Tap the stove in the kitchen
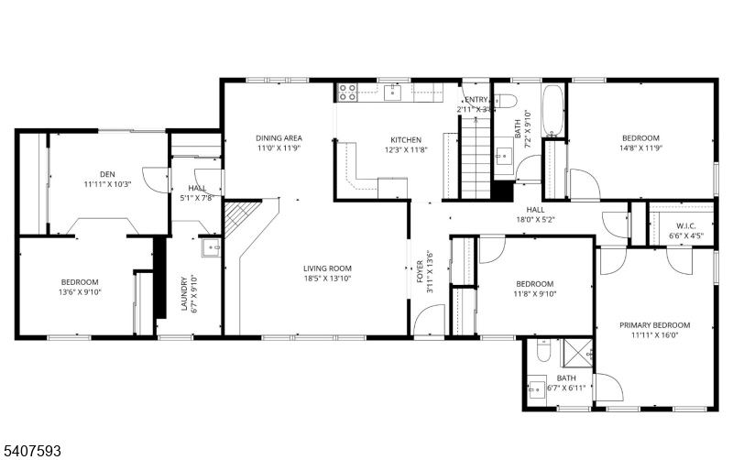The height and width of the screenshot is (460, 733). (x=348, y=92)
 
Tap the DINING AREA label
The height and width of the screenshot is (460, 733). (x=279, y=137)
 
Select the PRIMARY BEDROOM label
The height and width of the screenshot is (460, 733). (x=654, y=325)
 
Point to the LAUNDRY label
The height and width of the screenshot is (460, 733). (x=184, y=294)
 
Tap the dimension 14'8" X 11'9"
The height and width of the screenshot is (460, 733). (x=640, y=148)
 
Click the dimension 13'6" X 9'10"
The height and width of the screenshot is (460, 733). (x=80, y=292)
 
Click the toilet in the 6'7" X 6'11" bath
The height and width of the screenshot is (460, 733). (x=542, y=352)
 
